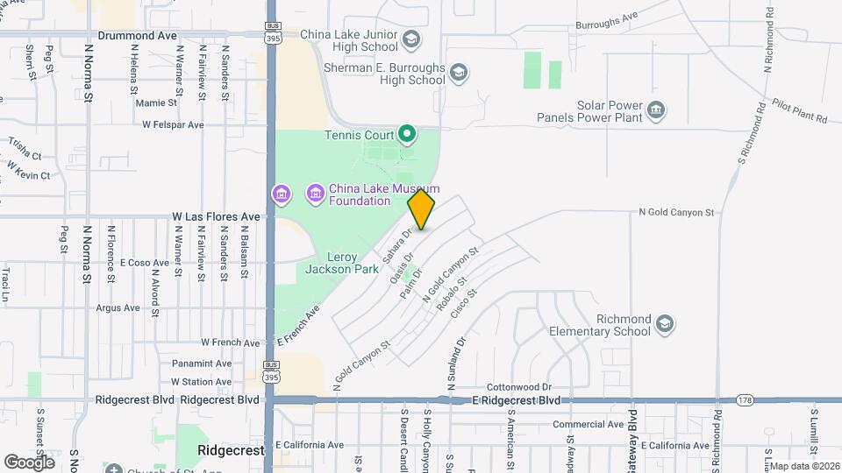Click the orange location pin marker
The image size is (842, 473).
[x=422, y=209]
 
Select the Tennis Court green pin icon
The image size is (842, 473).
[x=406, y=134]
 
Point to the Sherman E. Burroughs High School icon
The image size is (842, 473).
[x=458, y=72]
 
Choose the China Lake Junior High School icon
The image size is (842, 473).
[x=411, y=37]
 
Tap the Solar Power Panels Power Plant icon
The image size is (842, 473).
[x=656, y=110]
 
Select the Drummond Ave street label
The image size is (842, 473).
[x=138, y=36]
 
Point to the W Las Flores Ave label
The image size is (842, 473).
[x=216, y=216]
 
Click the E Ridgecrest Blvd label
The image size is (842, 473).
[x=515, y=400]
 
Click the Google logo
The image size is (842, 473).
[x=29, y=462]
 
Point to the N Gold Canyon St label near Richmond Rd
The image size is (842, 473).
[x=676, y=212]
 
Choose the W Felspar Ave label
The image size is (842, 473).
[x=173, y=125]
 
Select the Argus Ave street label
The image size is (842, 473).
[x=118, y=307]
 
